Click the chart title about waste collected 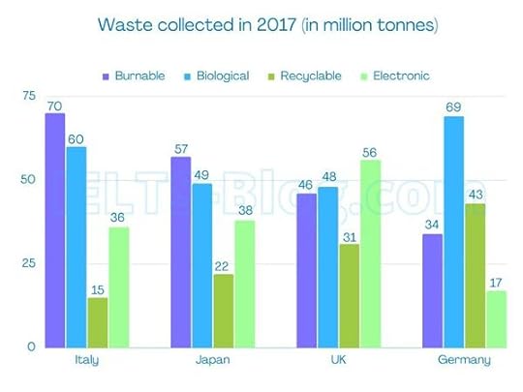pyautogui.click(x=261, y=22)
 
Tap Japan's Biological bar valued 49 pyautogui.click(x=202, y=265)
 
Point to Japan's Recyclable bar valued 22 pyautogui.click(x=224, y=311)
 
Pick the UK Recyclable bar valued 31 pyautogui.click(x=350, y=295)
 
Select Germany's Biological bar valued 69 pyautogui.click(x=453, y=231)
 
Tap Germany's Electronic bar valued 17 pyautogui.click(x=496, y=318)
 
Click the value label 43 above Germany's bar pyautogui.click(x=475, y=195)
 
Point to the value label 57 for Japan pyautogui.click(x=181, y=148)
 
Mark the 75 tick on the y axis pyautogui.click(x=28, y=96)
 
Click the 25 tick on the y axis pyautogui.click(x=28, y=263)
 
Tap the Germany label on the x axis pyautogui.click(x=464, y=360)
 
